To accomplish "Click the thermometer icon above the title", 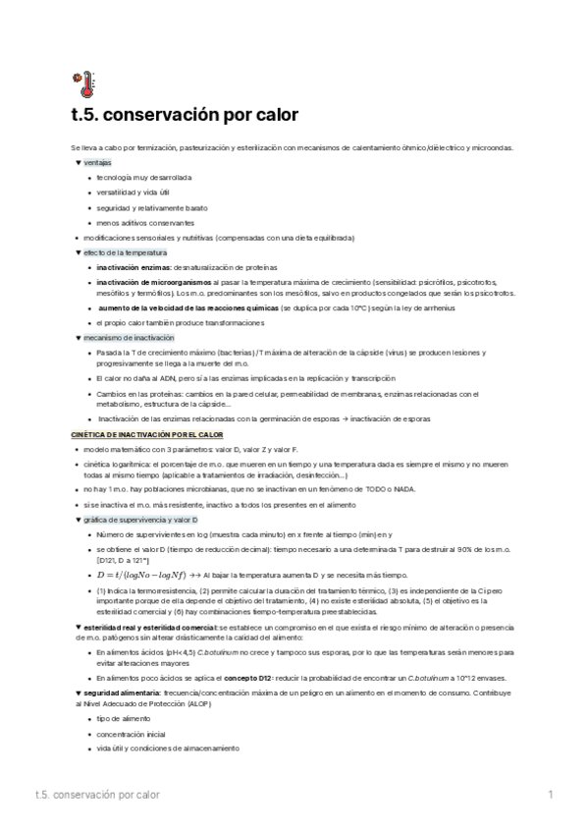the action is [81, 83].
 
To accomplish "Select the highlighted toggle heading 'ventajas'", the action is [97, 161].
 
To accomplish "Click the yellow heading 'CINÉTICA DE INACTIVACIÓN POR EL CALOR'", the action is [147, 433].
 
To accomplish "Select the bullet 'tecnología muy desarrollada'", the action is [143, 177].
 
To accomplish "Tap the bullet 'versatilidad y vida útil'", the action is [133, 193].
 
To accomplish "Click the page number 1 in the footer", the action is [551, 794].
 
